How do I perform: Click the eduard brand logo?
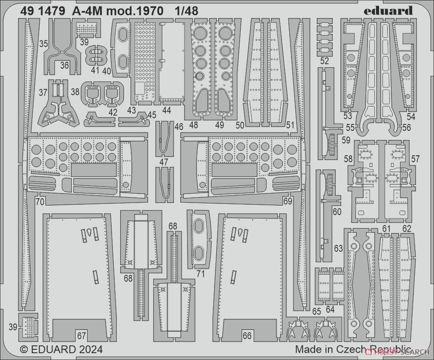pos(388,11)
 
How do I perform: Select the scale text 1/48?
pos(187,11)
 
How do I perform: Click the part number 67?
pos(82,336)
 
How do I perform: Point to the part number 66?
pos(247,336)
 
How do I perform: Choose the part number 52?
pos(324,61)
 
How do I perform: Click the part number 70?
pos(40,202)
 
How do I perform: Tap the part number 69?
pos(288,201)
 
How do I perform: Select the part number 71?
pos(200,274)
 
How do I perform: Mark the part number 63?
pos(338,248)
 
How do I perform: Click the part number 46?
pos(179,127)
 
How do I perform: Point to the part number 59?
pos(346,140)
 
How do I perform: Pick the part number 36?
pos(64,65)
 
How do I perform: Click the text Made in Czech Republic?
pos(353,349)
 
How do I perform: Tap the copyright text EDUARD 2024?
pos(61,349)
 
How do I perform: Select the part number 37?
pos(43,92)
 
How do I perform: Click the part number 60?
pos(337,212)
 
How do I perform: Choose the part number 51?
pos(290,125)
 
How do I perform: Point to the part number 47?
pos(164,162)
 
